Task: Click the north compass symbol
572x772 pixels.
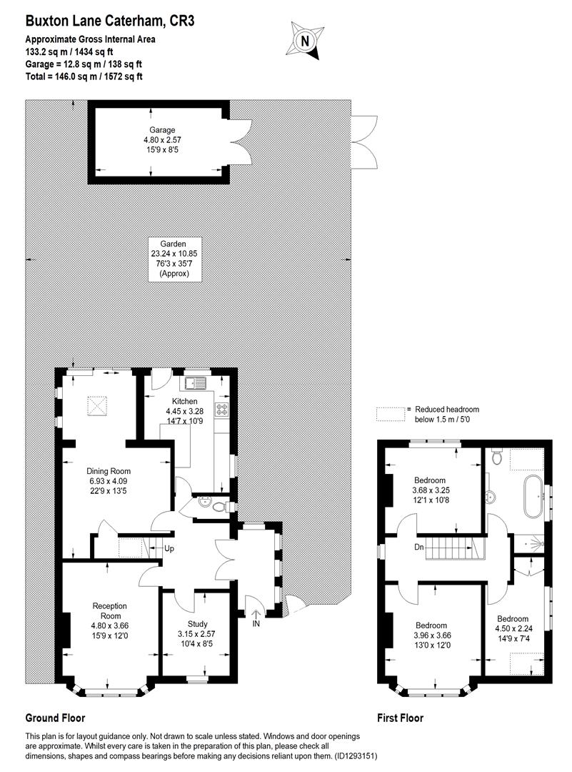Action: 305,41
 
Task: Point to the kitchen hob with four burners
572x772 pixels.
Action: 222,410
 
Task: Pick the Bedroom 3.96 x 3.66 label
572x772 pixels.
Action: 431,635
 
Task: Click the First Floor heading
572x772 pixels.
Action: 400,718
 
